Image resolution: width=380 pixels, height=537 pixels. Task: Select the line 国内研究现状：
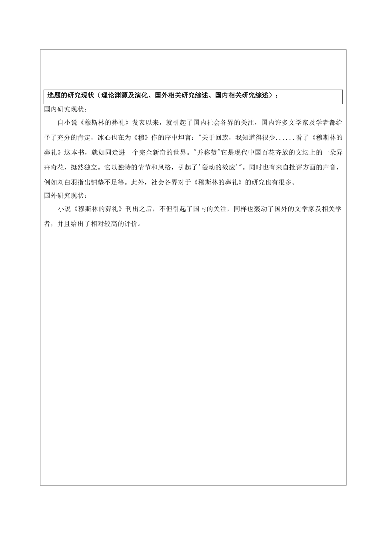click(x=65, y=109)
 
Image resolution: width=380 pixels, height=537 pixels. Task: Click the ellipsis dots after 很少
click(x=284, y=137)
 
